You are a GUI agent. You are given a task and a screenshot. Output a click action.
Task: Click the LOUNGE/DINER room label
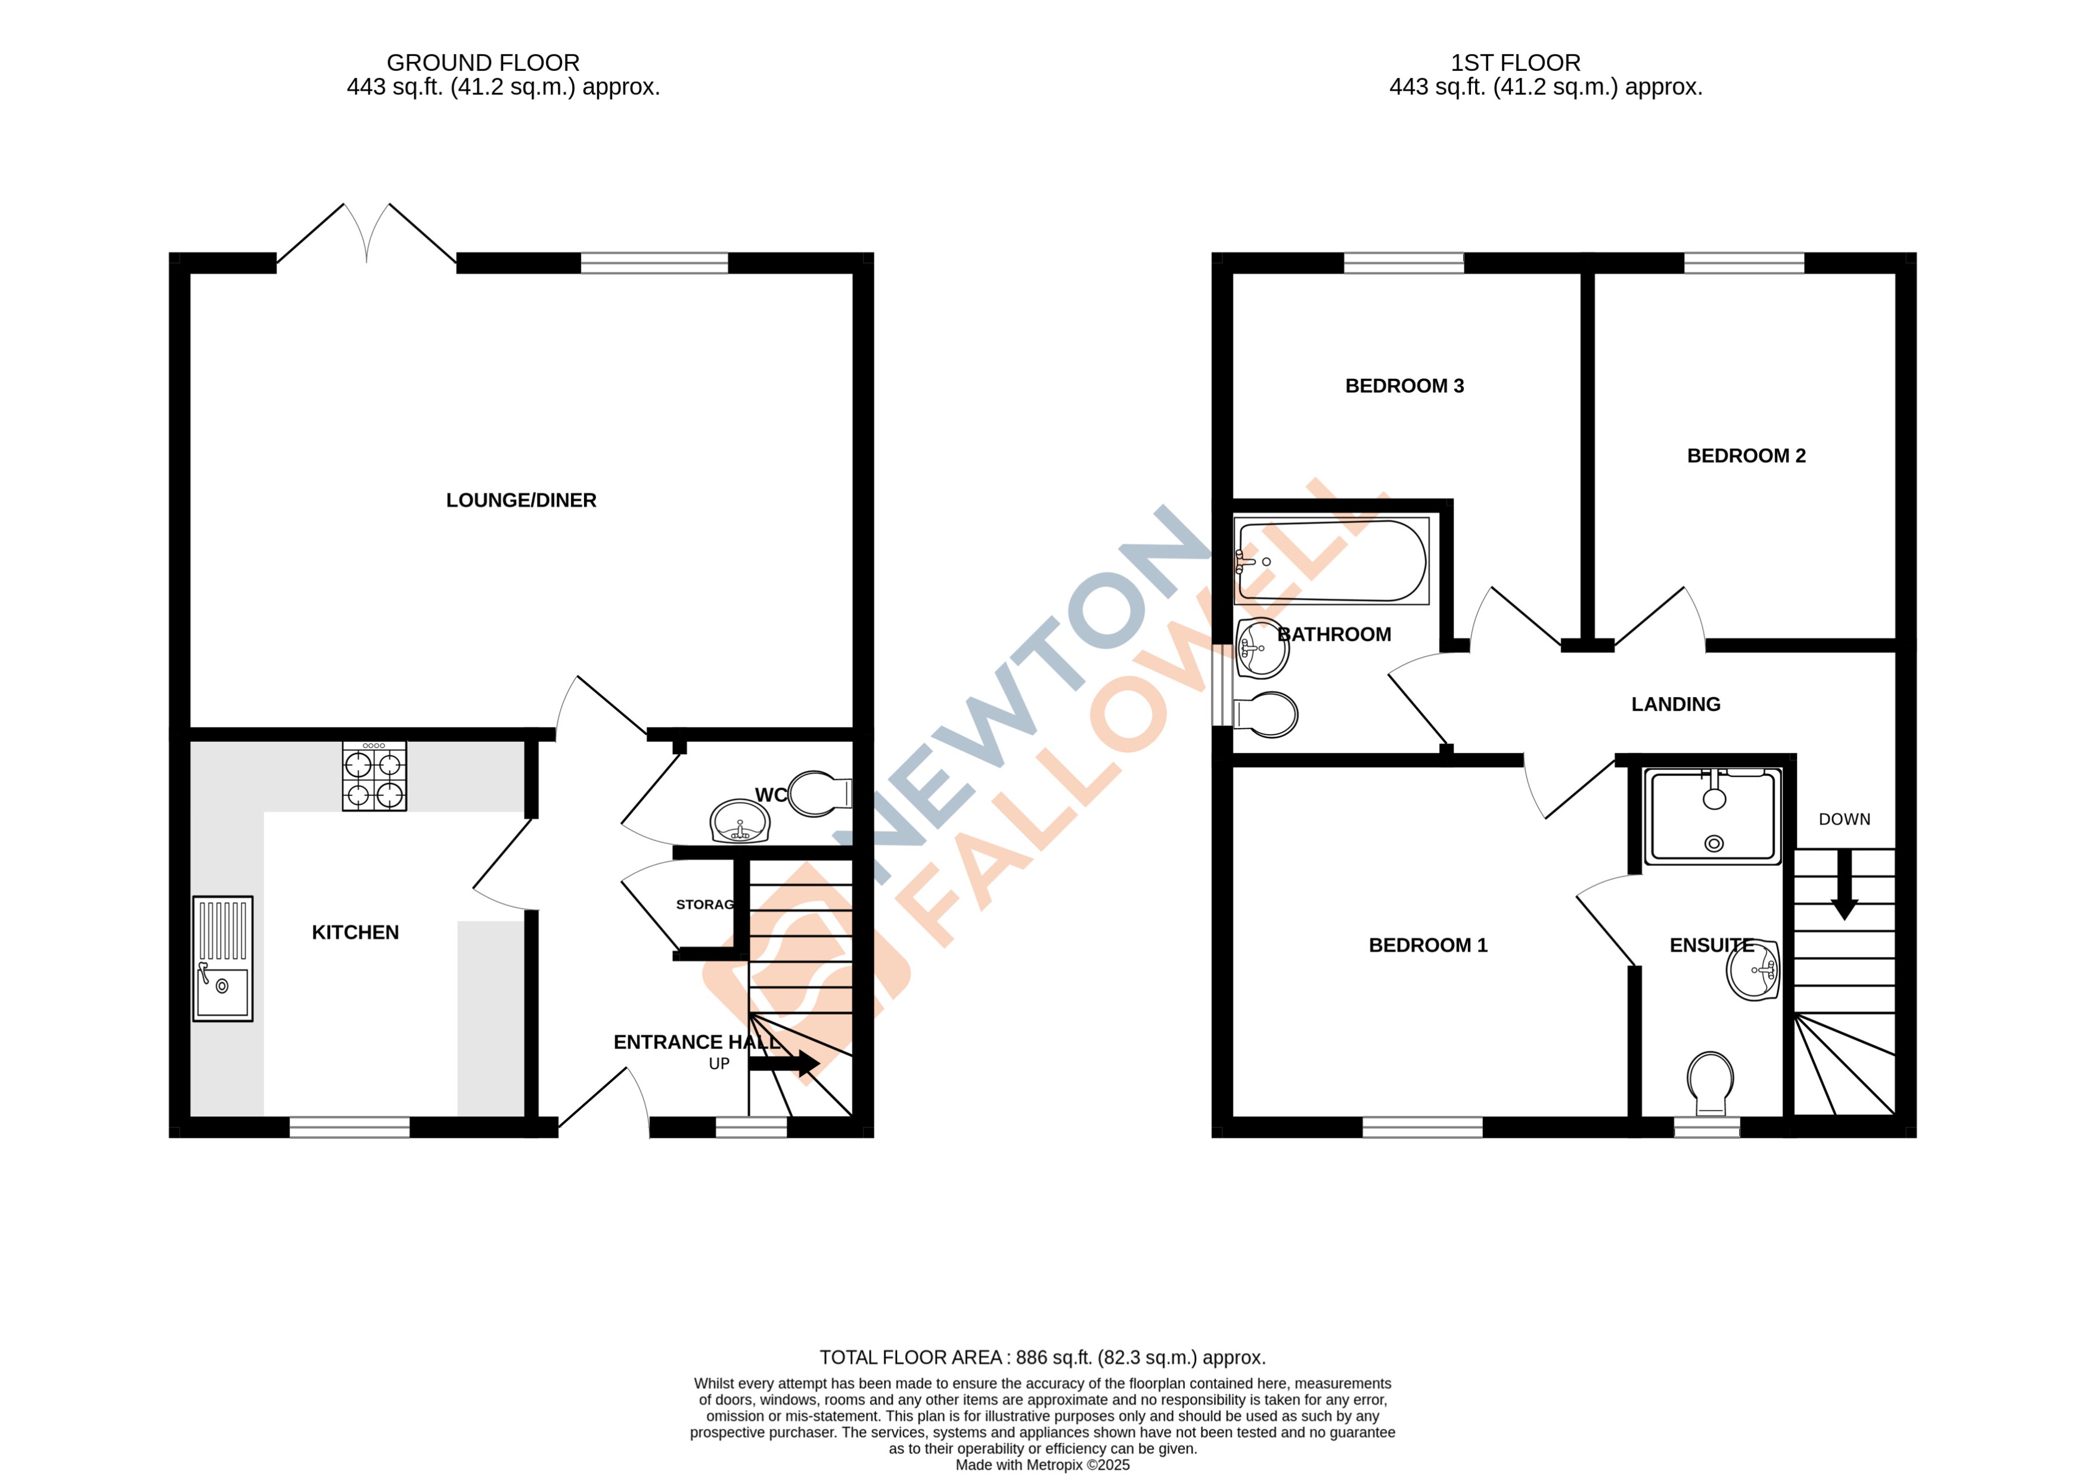520,500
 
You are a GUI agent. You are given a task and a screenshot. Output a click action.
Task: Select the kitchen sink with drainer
222,959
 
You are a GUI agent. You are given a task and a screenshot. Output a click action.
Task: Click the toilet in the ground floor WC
818,793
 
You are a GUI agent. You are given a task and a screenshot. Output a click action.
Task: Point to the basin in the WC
740,822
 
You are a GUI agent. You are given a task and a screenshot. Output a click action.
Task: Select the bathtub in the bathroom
1331,561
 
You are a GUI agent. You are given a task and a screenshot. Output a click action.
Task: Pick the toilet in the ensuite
1710,1082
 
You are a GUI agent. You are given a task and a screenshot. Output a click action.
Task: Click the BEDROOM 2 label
1745,456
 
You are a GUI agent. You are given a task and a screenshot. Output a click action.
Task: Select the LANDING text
1675,704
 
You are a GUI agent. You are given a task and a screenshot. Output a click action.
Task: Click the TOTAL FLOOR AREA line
1042,1357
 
